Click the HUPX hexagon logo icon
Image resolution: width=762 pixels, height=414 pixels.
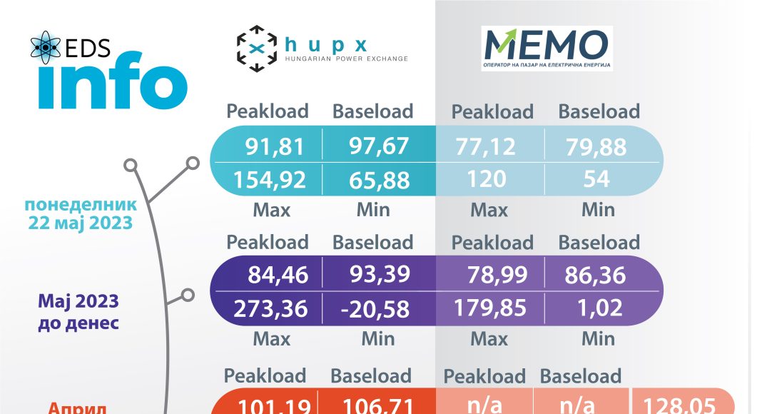tap(256, 49)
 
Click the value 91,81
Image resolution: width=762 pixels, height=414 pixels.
tap(275, 146)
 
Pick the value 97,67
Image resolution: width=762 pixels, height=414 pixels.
tap(379, 146)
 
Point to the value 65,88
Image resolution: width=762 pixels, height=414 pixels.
tap(379, 178)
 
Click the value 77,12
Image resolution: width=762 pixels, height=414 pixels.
tap(485, 146)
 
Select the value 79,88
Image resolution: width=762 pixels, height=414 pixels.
tap(596, 146)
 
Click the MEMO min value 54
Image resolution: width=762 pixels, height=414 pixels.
tap(596, 178)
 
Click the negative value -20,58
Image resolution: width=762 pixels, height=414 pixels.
tap(374, 308)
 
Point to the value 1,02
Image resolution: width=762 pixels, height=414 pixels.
tap(596, 308)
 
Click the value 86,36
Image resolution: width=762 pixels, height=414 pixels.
tap(596, 275)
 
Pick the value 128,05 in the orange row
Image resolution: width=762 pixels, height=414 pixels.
tap(678, 405)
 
